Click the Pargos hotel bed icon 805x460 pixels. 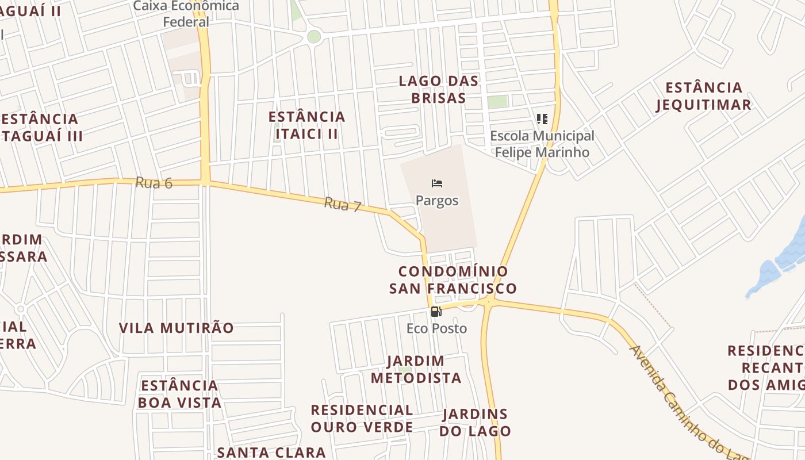437,184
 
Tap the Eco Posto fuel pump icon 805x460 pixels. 436,312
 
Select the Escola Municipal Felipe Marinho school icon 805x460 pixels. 542,119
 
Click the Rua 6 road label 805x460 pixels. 154,183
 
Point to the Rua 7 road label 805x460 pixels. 342,204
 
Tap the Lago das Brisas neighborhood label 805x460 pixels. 439,89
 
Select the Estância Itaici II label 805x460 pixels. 307,125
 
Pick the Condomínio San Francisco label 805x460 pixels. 453,279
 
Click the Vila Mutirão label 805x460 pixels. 177,328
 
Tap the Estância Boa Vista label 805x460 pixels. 179,393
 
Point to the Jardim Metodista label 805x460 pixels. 416,369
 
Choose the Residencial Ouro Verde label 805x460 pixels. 362,418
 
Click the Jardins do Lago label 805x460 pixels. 475,422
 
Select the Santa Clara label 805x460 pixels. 271,452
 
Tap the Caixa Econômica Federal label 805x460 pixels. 186,14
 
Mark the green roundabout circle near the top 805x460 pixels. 313,37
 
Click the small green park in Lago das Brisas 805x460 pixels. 498,102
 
